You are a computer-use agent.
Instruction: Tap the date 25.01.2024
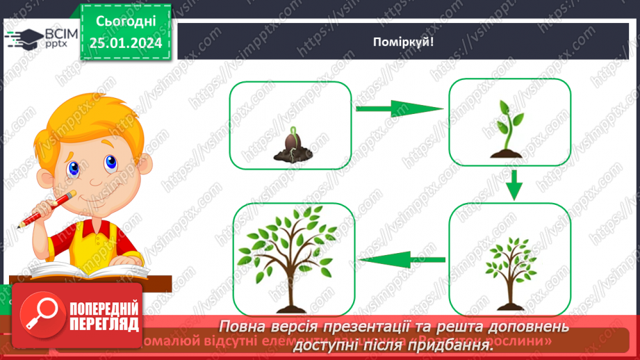pos(126,44)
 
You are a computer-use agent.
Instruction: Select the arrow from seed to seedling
pos(399,108)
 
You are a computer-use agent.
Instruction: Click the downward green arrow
pos(514,184)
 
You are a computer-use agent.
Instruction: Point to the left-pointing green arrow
pos(401,261)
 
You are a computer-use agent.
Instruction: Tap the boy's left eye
pos(110,163)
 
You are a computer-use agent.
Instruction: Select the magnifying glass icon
pos(40,316)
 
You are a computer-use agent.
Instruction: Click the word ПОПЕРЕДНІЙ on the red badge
pos(105,308)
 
